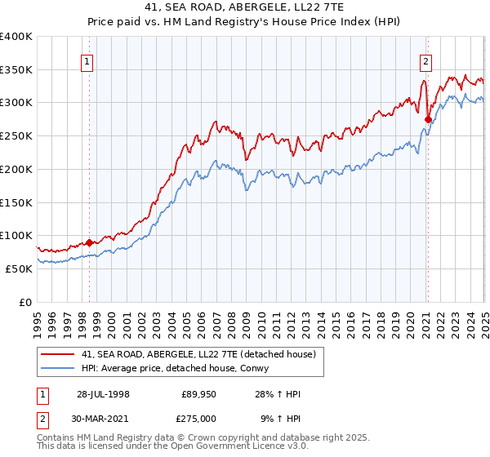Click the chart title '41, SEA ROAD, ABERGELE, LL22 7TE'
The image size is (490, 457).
pyautogui.click(x=245, y=8)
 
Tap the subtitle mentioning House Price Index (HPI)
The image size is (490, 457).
pyautogui.click(x=245, y=22)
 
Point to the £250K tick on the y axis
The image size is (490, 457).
pyautogui.click(x=16, y=135)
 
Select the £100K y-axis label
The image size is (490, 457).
pyautogui.click(x=16, y=235)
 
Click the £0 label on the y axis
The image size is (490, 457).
pyautogui.click(x=25, y=302)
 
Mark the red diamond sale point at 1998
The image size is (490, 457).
pyautogui.click(x=90, y=242)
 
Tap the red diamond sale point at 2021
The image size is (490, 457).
pyautogui.click(x=428, y=119)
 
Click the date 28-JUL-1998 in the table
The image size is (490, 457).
pyautogui.click(x=104, y=394)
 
